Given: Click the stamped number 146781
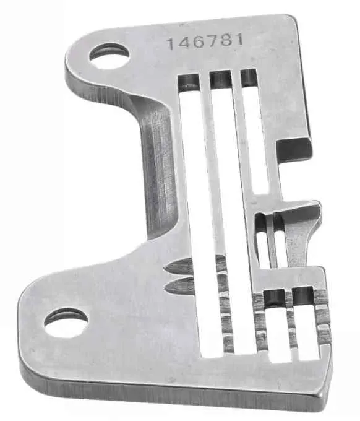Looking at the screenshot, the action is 205,41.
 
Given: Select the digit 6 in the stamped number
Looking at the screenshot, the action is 198,42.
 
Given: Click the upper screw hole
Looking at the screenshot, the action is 108,56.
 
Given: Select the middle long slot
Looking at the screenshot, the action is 233,212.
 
